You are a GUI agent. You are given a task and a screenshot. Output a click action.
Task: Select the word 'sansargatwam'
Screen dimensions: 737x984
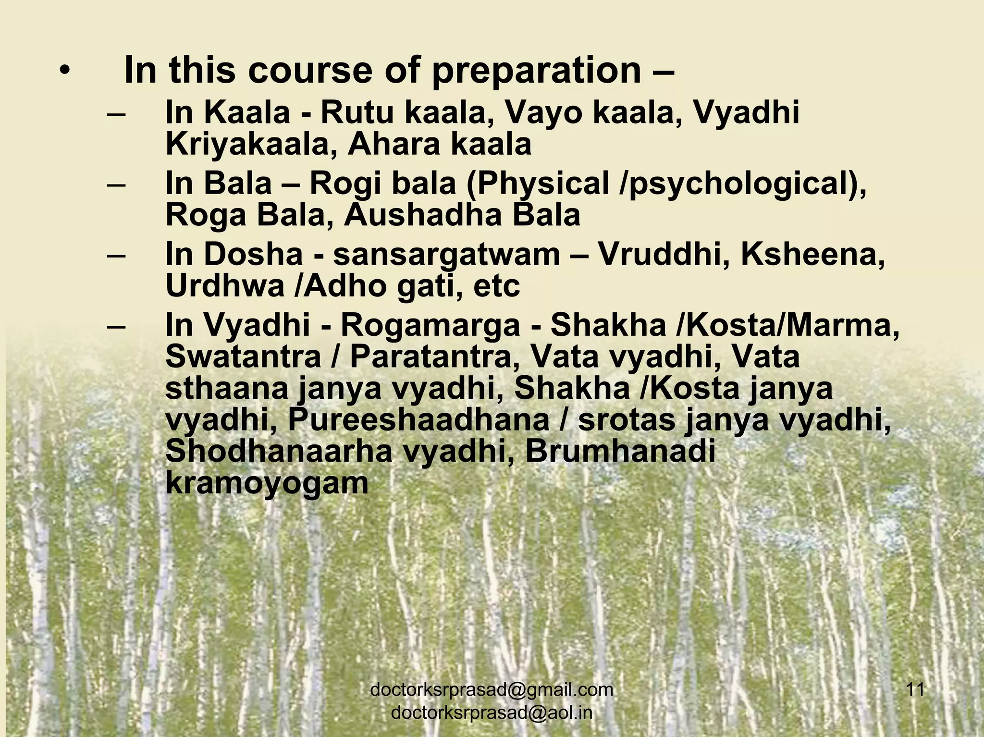tap(446, 255)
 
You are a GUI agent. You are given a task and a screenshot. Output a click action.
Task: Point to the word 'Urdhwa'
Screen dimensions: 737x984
tap(223, 286)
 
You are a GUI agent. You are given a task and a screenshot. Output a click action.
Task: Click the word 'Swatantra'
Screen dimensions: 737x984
tap(243, 357)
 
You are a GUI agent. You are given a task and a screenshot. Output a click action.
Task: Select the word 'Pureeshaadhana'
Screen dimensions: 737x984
tap(418, 420)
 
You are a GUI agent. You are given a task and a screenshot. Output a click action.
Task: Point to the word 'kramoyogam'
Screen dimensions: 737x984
tap(267, 484)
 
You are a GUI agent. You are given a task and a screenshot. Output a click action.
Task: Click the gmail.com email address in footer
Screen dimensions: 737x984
tap(492, 690)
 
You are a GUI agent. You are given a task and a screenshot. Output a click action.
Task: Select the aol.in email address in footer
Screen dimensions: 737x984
tap(492, 713)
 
